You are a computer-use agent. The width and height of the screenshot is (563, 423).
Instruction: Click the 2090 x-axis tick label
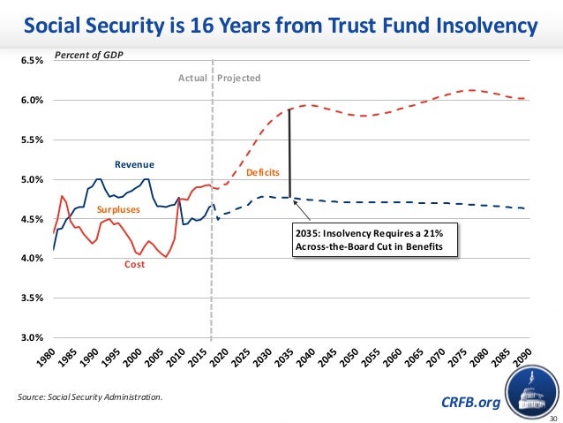pyautogui.click(x=522, y=358)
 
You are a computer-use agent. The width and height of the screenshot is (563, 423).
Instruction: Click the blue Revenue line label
pyautogui.click(x=134, y=164)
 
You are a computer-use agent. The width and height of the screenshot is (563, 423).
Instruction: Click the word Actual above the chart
pyautogui.click(x=192, y=78)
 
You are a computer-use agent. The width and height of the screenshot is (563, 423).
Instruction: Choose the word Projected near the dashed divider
pyautogui.click(x=239, y=78)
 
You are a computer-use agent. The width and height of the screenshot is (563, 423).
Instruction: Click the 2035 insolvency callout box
pyautogui.click(x=375, y=238)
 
